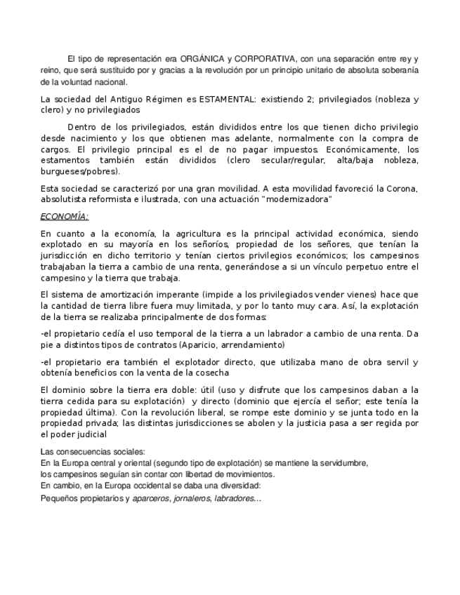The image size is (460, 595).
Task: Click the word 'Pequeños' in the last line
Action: (x=58, y=498)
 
